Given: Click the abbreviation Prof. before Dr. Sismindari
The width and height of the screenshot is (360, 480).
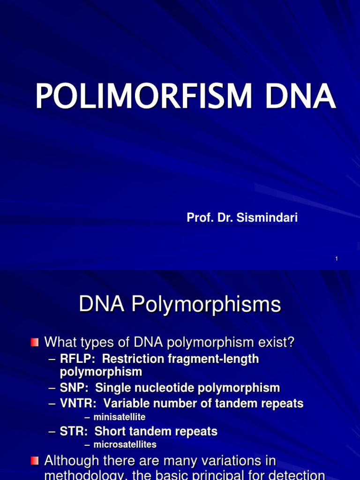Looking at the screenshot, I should coord(197,217).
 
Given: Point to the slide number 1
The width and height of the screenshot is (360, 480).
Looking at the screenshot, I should coord(337,259).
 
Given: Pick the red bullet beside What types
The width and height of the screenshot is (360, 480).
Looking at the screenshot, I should coord(35,343).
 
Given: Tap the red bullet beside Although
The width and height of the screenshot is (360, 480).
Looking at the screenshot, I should coord(35,461).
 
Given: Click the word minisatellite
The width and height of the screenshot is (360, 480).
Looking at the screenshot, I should coord(120,417).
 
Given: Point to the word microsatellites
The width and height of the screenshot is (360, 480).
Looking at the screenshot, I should coord(125,444).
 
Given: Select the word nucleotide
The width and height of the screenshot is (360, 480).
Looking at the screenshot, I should coord(170,388).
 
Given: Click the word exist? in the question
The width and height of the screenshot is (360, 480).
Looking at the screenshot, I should coord(276,343).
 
